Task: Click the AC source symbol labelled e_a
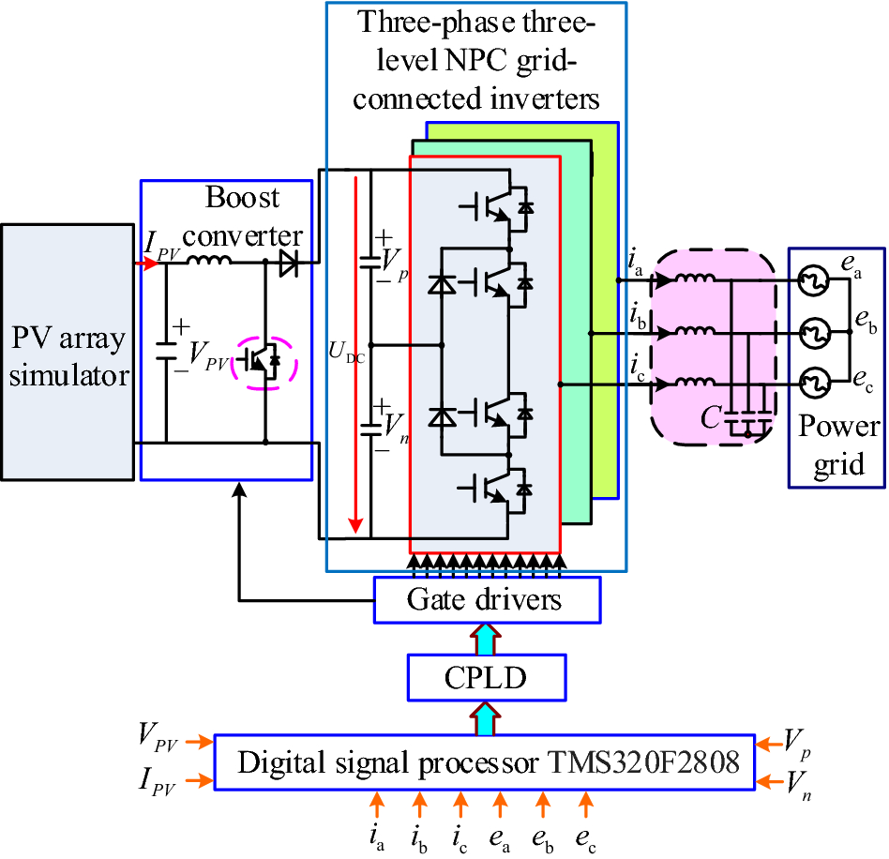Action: click(x=811, y=280)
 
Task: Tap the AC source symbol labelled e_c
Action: click(x=811, y=383)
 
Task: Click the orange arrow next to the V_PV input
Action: click(x=199, y=742)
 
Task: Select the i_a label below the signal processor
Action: click(x=378, y=833)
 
